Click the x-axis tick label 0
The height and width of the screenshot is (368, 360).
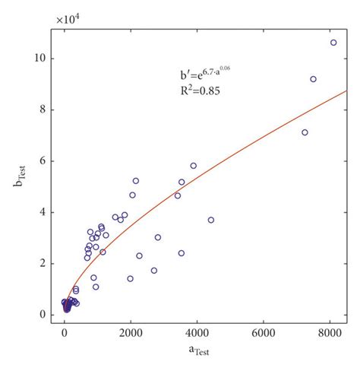click(x=65, y=333)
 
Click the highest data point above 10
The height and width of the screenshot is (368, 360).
click(x=333, y=43)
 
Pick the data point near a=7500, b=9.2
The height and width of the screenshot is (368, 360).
click(x=313, y=79)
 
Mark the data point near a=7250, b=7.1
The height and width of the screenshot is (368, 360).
click(x=305, y=132)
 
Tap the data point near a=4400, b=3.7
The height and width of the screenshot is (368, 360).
click(x=210, y=220)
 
